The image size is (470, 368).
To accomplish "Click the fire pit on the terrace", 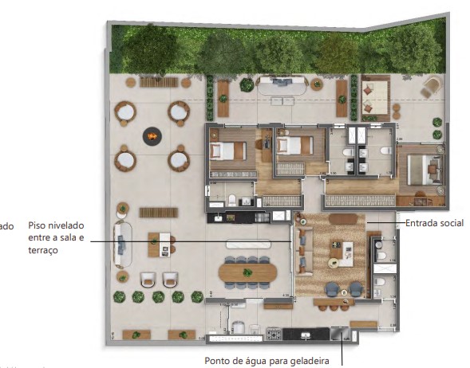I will tap(152, 137).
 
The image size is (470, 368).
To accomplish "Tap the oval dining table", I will tap(247, 272).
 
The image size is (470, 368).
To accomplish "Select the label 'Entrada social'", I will tap(434, 223).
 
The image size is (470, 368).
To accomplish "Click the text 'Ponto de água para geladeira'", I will tap(267, 360).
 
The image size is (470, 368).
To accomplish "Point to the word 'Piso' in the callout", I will tap(37, 225).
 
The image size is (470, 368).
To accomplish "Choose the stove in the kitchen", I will tap(274, 334).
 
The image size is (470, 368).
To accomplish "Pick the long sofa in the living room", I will tap(301, 251).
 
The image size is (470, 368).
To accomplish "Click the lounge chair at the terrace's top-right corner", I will tap(430, 85).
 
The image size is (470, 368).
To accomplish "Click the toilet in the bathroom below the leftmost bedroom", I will tap(231, 199).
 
